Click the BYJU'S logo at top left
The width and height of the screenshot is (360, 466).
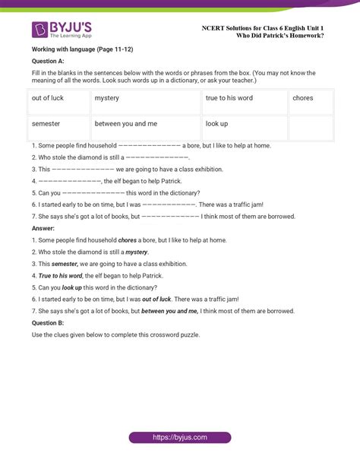point(62,29)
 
